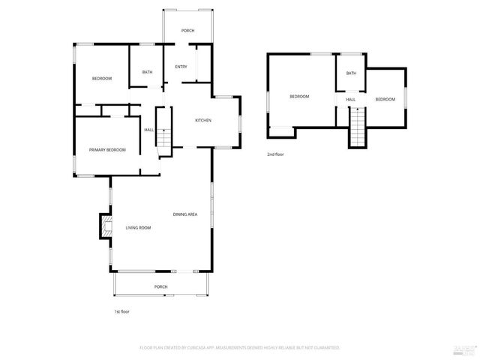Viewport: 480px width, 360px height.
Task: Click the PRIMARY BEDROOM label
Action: click(107, 150)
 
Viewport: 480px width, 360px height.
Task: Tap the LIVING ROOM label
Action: click(138, 227)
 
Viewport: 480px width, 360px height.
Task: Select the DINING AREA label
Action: click(185, 215)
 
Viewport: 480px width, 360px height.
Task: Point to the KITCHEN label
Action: click(203, 121)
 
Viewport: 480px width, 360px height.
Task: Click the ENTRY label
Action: click(181, 67)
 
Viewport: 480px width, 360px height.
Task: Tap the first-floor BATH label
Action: click(147, 72)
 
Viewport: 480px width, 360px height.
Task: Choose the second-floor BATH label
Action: click(351, 73)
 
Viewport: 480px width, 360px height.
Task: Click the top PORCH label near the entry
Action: click(187, 31)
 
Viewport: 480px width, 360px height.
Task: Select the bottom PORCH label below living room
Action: click(160, 287)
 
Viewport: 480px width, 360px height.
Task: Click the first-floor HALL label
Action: click(148, 130)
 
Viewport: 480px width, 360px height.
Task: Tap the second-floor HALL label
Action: click(350, 100)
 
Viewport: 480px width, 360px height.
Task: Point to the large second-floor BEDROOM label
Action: click(300, 96)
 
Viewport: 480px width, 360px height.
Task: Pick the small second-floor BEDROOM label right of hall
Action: click(385, 100)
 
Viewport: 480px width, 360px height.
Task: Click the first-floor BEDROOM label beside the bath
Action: click(102, 79)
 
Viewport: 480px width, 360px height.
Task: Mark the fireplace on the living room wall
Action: click(103, 226)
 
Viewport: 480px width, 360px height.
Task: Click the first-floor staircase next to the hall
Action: click(163, 133)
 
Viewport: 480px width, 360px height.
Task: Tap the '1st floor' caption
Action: click(121, 311)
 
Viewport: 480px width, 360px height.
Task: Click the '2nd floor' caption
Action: click(275, 154)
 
